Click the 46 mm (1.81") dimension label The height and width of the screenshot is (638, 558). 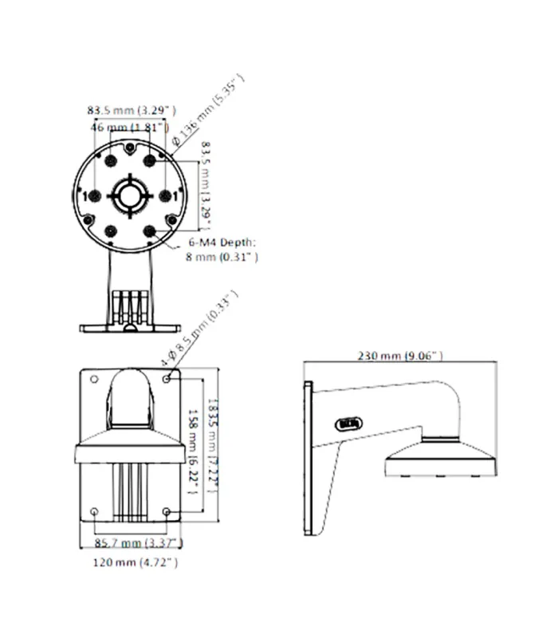[129, 127]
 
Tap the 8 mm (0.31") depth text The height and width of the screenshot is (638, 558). [221, 258]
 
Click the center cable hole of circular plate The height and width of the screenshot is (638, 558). [130, 195]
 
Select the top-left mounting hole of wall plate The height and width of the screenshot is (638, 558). [96, 379]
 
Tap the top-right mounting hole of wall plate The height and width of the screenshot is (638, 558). [167, 379]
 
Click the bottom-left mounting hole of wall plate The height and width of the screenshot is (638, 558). [96, 510]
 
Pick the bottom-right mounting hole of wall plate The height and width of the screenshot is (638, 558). [167, 510]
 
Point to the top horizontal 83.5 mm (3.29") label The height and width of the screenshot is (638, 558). [132, 110]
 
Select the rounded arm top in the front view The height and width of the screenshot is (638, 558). [131, 391]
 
